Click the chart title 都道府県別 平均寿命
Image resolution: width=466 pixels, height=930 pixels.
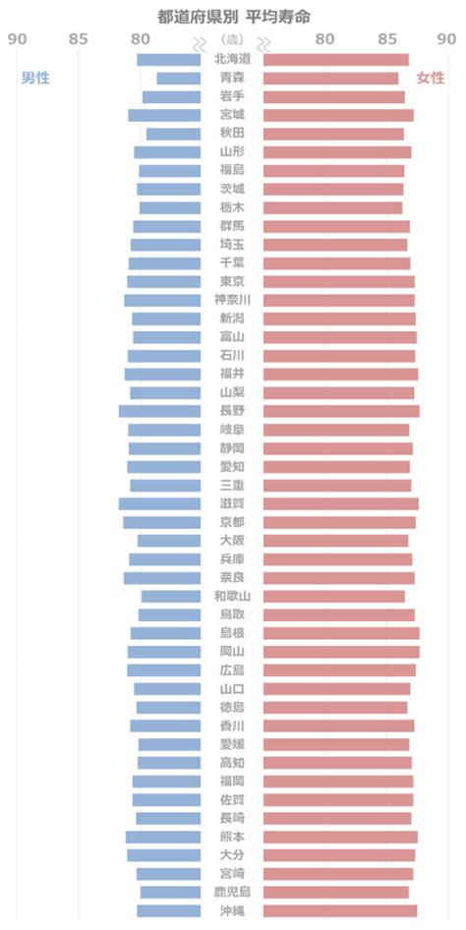point(234,17)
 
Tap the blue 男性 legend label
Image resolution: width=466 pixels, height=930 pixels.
point(35,78)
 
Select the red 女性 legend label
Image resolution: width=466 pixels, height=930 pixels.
point(431,78)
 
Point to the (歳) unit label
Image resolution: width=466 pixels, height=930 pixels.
point(232,39)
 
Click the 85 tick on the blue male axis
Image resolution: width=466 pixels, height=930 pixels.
point(79,39)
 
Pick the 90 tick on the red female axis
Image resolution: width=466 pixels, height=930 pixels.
point(446,39)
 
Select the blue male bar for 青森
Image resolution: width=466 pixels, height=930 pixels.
point(179,79)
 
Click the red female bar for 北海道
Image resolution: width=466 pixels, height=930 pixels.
point(336,60)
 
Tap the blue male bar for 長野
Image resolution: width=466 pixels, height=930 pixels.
point(159,411)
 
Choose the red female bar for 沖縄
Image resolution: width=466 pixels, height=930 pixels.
point(340,910)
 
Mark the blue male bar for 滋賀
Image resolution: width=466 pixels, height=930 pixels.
point(159,503)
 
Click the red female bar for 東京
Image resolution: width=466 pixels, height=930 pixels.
point(339,282)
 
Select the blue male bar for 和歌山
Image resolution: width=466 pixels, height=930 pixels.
point(171,596)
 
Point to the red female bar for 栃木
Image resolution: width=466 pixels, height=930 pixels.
point(332,207)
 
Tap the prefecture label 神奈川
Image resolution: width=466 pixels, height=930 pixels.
point(232,300)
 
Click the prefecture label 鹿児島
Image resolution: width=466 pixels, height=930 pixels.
point(232,892)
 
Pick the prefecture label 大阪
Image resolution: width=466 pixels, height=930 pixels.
point(232,541)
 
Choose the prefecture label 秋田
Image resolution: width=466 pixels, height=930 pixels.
point(232,134)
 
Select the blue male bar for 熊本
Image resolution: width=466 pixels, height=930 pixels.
point(163,837)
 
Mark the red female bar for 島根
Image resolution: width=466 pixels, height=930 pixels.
point(341,633)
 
